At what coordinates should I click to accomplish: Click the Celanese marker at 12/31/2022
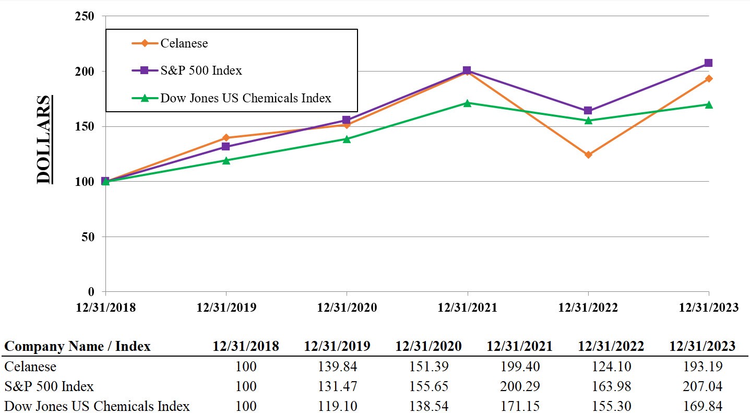(x=588, y=155)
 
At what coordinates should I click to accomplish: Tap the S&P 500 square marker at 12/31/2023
(x=708, y=63)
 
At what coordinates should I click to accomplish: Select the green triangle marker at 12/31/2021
(x=467, y=103)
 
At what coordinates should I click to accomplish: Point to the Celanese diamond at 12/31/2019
(x=226, y=138)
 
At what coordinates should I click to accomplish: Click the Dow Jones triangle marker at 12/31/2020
(x=347, y=139)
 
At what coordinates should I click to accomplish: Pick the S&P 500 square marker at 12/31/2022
(x=588, y=111)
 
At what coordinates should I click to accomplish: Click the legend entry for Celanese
(x=184, y=43)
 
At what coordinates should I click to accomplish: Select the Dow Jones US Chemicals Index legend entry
(x=245, y=98)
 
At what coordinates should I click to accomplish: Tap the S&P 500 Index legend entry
(x=201, y=70)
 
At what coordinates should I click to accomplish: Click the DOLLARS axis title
(x=45, y=139)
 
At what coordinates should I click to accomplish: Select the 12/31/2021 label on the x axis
(x=467, y=308)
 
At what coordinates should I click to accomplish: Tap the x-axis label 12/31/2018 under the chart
(x=105, y=308)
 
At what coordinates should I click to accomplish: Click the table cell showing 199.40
(x=519, y=367)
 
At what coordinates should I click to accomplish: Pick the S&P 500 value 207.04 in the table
(x=703, y=386)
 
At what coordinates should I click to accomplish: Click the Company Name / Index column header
(x=77, y=346)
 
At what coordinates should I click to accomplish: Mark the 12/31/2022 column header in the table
(x=611, y=346)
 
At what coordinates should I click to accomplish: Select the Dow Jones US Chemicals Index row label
(x=97, y=406)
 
